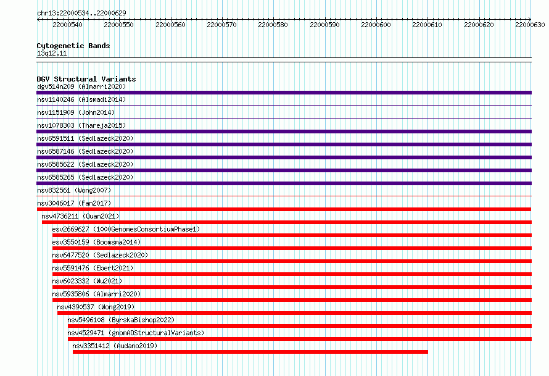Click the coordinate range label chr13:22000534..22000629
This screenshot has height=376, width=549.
coord(81,13)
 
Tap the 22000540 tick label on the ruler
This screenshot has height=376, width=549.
coord(67,25)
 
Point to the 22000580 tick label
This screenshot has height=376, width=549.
coord(273,25)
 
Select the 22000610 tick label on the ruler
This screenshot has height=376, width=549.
coord(427,25)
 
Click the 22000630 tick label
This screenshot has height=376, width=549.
coord(530,25)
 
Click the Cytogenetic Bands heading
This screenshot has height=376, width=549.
coord(73,46)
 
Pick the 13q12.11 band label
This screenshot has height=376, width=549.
coord(52,53)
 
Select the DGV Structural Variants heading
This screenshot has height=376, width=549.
coord(86,79)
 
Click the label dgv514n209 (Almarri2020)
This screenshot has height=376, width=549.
coord(81,86)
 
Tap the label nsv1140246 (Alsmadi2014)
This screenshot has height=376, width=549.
coord(81,99)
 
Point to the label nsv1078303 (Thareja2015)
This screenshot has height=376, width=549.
coord(81,125)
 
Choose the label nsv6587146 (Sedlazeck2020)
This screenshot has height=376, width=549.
coord(85,151)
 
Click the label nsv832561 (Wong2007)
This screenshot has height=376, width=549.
coord(74,190)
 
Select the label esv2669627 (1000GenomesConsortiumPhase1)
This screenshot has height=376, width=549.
coord(126,229)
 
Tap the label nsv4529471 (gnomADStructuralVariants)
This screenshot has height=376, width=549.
coord(136,333)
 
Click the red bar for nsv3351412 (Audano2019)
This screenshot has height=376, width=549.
coord(250,352)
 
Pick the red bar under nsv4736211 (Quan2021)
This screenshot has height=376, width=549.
coord(287,222)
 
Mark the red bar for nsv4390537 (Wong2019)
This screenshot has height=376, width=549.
coord(294,313)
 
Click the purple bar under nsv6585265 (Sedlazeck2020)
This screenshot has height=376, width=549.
coord(284,183)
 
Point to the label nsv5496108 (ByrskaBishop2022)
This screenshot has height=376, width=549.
coord(121,320)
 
